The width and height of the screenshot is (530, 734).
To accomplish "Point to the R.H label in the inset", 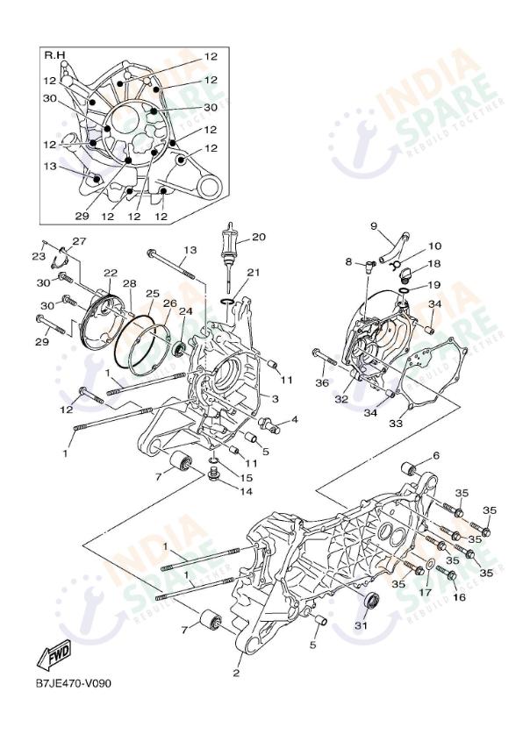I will [55, 55].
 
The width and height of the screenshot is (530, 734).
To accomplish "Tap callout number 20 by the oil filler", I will [258, 237].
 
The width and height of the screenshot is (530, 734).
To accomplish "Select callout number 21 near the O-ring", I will [254, 273].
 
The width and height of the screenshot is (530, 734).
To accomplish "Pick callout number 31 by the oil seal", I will [361, 624].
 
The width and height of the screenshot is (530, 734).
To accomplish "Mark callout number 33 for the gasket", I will [396, 424].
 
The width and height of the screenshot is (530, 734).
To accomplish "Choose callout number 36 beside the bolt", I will [322, 382].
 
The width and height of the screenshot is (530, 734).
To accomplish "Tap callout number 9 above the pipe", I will [373, 226].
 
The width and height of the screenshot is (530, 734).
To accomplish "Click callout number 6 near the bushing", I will [434, 457].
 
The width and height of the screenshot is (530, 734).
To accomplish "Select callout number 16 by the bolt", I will [457, 597].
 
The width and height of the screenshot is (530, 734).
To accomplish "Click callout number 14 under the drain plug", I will [247, 491].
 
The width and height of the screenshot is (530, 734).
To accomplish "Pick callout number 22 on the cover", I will [111, 273].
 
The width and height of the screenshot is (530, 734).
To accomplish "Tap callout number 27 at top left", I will [80, 241].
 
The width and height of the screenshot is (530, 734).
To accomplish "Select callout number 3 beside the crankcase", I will [275, 399].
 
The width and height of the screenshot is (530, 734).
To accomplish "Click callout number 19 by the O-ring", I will [434, 285].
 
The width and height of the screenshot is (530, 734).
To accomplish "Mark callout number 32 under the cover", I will [341, 399].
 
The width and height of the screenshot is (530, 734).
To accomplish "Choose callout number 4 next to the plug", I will [294, 419].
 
